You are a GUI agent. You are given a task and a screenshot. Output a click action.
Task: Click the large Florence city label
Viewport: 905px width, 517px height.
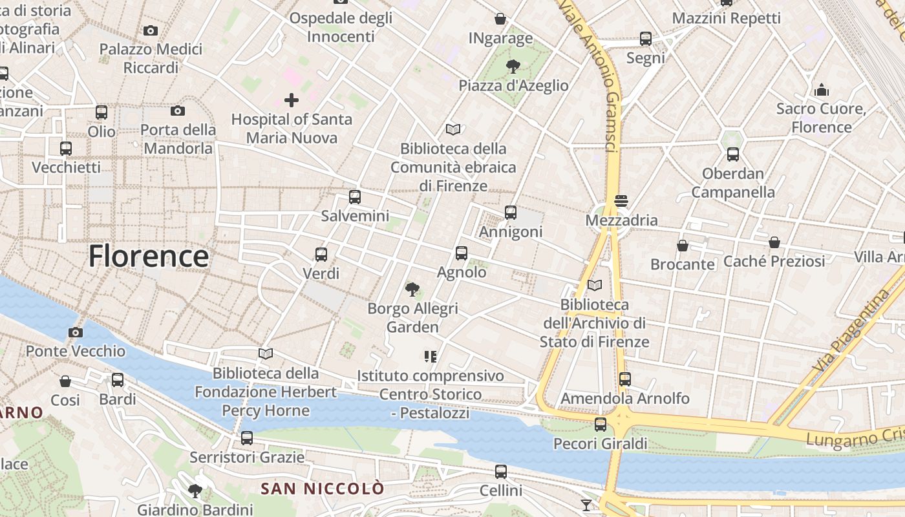click(148, 256)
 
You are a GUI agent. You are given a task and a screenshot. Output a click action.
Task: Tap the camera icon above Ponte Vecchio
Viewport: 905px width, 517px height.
click(76, 333)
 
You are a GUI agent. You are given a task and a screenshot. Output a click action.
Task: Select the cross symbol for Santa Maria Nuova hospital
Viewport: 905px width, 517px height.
click(292, 100)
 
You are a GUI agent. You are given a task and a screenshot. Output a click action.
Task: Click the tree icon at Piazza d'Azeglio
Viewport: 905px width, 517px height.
click(513, 66)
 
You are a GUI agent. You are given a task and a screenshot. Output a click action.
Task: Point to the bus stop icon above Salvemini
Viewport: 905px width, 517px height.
click(354, 197)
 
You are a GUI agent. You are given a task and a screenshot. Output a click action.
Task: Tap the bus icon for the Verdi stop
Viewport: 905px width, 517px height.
click(321, 255)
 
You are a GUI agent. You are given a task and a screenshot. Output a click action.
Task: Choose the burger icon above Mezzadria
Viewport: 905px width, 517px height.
click(621, 201)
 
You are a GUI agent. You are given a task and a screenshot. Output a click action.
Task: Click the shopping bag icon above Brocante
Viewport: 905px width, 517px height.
click(682, 246)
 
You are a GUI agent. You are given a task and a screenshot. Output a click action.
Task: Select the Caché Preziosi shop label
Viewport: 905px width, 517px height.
click(774, 261)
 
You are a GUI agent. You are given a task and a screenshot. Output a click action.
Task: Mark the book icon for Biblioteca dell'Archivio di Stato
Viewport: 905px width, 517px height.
click(595, 285)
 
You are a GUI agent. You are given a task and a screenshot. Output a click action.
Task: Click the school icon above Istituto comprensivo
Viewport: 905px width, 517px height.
click(431, 356)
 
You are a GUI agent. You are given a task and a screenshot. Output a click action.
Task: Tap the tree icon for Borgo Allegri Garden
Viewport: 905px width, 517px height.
click(412, 289)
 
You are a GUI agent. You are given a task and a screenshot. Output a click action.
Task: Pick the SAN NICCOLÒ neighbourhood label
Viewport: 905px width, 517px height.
click(322, 489)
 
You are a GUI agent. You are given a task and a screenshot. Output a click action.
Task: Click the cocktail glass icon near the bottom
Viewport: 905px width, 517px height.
click(586, 505)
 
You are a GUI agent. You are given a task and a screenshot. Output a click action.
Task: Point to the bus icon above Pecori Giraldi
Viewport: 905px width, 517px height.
click(601, 425)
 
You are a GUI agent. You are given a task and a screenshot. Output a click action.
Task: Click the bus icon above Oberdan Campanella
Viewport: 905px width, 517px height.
click(732, 154)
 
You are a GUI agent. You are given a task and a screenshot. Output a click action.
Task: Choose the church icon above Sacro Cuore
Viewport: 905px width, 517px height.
click(821, 89)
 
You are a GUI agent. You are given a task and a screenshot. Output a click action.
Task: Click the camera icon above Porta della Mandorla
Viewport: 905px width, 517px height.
click(178, 111)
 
